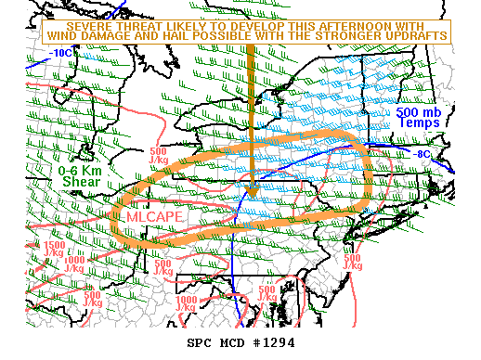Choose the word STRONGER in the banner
coord(355,35)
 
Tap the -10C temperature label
coord(61,53)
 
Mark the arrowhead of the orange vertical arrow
coord(252,187)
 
